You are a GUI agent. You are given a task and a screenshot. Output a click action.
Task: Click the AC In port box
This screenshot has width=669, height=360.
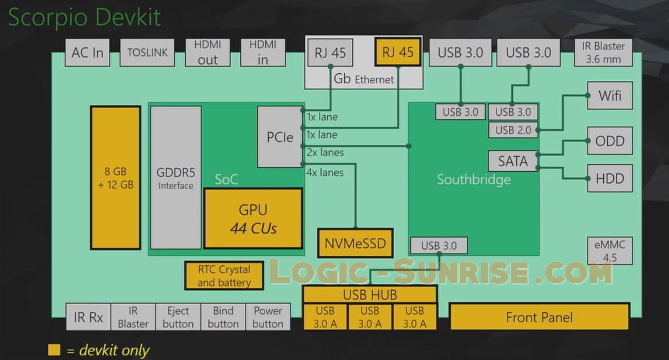pyautogui.click(x=87, y=52)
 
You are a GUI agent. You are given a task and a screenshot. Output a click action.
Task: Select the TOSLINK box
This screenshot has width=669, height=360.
pyautogui.click(x=147, y=52)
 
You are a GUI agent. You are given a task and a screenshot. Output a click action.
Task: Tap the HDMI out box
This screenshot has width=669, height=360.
pyautogui.click(x=208, y=52)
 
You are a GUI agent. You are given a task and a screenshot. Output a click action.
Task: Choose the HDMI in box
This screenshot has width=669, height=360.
pyautogui.click(x=263, y=52)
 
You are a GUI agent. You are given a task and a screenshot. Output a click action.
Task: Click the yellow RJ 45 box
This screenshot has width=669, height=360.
pyautogui.click(x=397, y=52)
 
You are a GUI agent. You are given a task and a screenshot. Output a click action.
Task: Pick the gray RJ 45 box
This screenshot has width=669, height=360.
pyautogui.click(x=330, y=52)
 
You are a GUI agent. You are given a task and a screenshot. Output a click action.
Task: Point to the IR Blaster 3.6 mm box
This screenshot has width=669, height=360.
pyautogui.click(x=603, y=52)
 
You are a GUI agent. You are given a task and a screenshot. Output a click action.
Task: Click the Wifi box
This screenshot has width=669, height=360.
pyautogui.click(x=610, y=96)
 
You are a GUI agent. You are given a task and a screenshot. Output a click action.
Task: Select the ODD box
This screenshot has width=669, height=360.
pyautogui.click(x=610, y=141)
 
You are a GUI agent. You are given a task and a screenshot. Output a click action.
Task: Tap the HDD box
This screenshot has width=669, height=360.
pyautogui.click(x=610, y=178)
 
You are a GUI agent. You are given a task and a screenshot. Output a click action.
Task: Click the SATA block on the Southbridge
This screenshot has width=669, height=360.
pyautogui.click(x=513, y=161)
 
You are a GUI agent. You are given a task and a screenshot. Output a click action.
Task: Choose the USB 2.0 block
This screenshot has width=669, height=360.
pyautogui.click(x=513, y=130)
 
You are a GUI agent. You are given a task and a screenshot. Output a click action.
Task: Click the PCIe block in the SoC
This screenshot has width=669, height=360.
pyautogui.click(x=280, y=137)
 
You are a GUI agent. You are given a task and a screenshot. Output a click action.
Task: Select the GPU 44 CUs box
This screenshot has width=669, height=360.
pyautogui.click(x=253, y=219)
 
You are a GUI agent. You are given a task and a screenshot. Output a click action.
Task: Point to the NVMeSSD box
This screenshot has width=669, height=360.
pyautogui.click(x=355, y=243)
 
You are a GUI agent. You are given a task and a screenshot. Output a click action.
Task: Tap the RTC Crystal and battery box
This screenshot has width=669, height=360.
pyautogui.click(x=224, y=276)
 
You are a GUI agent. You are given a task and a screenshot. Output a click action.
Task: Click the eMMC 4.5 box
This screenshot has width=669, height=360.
pyautogui.click(x=610, y=251)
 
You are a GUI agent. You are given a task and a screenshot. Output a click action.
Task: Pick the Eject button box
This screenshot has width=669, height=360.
pyautogui.click(x=178, y=317)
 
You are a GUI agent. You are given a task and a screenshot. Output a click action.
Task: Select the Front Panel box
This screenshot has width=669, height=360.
pyautogui.click(x=539, y=317)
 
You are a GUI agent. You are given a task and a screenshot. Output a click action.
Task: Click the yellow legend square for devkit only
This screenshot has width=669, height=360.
pyautogui.click(x=54, y=350)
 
